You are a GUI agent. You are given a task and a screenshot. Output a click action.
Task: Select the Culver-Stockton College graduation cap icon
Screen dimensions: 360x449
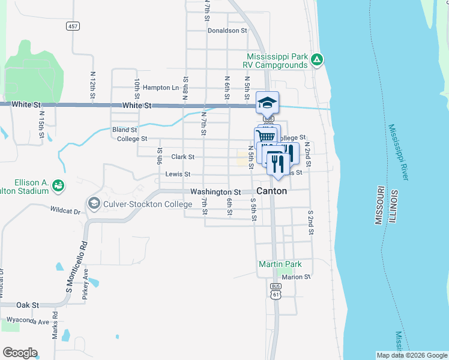coord(94,203)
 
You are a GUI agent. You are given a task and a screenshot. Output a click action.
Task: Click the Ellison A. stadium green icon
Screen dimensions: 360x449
coord(58,185)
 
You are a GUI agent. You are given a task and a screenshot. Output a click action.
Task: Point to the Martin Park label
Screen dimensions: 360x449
coord(280,264)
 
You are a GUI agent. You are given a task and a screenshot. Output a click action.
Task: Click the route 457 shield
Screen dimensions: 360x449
coord(73,26)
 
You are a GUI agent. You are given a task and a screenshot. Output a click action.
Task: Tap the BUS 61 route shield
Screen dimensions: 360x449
coord(276,290)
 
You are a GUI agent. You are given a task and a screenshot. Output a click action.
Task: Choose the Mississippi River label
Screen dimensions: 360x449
coord(399,152)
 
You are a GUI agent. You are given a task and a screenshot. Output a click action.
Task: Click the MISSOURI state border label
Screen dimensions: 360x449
coord(380,205)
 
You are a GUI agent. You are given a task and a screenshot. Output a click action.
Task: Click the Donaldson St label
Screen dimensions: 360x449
coord(227,31)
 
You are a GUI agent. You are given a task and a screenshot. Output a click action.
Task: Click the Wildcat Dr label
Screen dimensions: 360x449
coord(65,211)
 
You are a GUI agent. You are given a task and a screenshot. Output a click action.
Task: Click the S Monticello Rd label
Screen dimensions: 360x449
coord(76,268)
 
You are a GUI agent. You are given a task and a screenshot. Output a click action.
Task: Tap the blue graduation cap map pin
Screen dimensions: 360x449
coord(267,103)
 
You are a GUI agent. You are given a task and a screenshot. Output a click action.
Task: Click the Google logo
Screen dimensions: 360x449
coord(20,353)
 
